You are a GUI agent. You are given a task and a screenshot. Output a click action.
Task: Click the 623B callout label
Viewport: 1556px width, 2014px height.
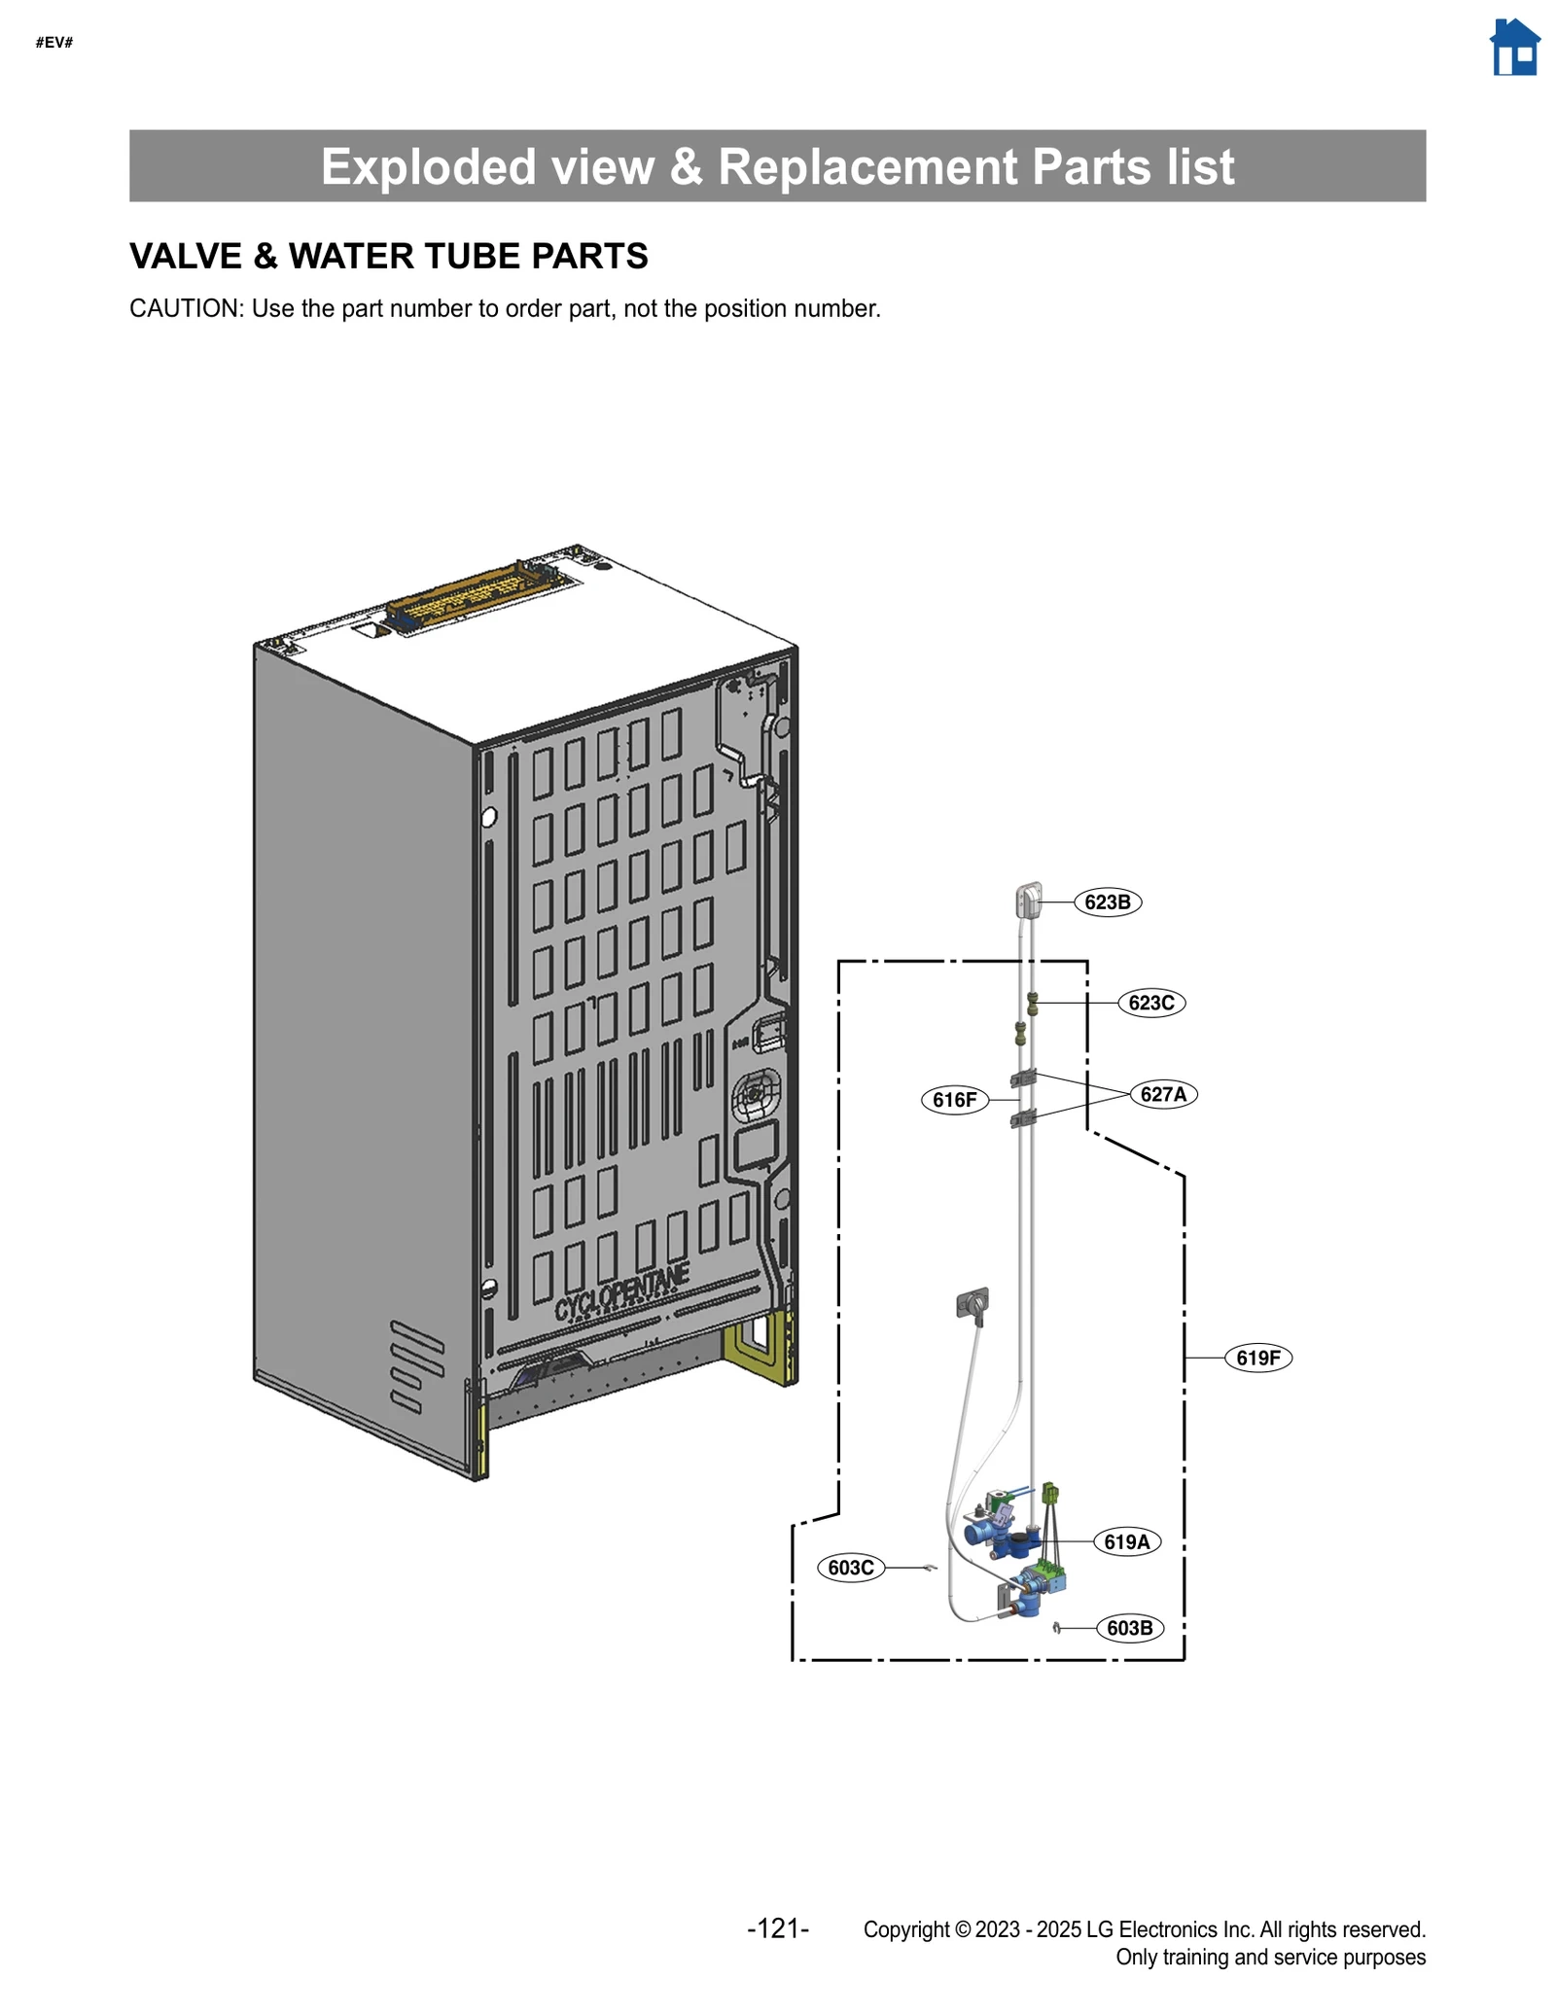click(1107, 901)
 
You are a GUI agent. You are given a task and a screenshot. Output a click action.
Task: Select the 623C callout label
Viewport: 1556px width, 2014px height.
click(1150, 1003)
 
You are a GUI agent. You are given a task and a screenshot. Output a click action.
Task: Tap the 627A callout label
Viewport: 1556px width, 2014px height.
click(1163, 1094)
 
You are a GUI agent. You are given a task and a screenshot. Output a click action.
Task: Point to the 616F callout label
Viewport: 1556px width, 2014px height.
click(954, 1100)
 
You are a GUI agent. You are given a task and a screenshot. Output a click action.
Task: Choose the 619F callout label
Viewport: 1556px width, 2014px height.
click(1257, 1358)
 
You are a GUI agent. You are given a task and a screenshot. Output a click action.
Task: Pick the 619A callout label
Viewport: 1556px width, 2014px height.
click(1126, 1541)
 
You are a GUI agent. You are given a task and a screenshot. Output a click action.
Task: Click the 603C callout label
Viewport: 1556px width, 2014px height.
click(851, 1568)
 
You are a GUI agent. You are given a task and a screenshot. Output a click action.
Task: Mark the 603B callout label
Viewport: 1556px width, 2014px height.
click(1129, 1628)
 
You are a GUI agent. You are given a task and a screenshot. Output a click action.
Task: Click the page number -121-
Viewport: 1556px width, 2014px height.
click(778, 1928)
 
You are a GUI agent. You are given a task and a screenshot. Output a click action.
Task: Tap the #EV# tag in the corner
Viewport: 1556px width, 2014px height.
click(54, 43)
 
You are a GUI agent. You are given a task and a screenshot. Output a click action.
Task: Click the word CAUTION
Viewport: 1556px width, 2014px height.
click(185, 309)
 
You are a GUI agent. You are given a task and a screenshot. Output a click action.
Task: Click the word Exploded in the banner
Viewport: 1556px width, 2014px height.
click(428, 167)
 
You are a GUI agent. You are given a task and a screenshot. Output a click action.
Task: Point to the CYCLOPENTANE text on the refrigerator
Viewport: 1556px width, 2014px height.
click(622, 1294)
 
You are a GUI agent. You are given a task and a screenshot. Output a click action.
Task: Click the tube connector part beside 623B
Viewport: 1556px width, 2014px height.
click(1029, 900)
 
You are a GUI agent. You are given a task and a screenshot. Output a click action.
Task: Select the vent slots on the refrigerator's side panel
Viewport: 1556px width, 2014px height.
click(416, 1365)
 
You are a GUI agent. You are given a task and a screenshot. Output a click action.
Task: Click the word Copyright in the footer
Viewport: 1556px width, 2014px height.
click(905, 1929)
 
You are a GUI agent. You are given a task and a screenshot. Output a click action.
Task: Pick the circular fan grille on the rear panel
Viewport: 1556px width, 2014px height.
click(757, 1096)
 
